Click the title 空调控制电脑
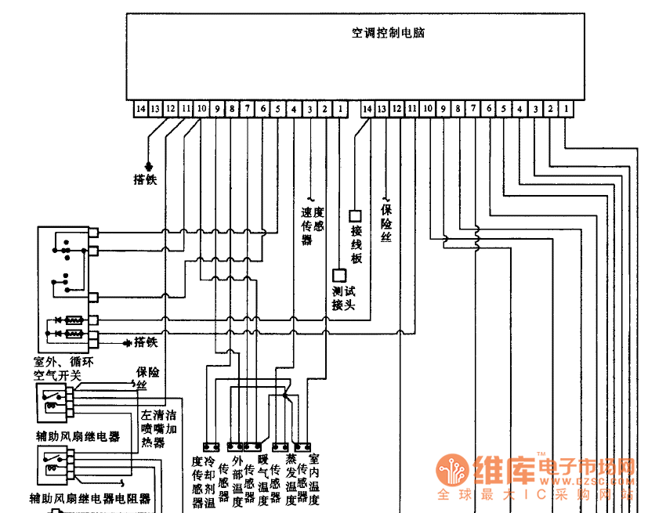click(388, 34)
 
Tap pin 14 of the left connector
click(140, 109)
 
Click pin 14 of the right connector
click(367, 109)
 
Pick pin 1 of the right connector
click(566, 109)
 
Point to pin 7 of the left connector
click(248, 109)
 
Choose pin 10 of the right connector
click(428, 109)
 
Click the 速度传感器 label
click(313, 226)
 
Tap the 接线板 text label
click(357, 244)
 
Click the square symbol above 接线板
click(355, 215)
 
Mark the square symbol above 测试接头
click(340, 276)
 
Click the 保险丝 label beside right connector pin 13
click(386, 222)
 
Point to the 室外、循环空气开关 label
click(63, 369)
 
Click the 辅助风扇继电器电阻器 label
click(89, 498)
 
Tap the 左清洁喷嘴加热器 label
click(158, 429)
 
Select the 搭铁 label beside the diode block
click(146, 342)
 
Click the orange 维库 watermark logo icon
click(454, 471)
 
